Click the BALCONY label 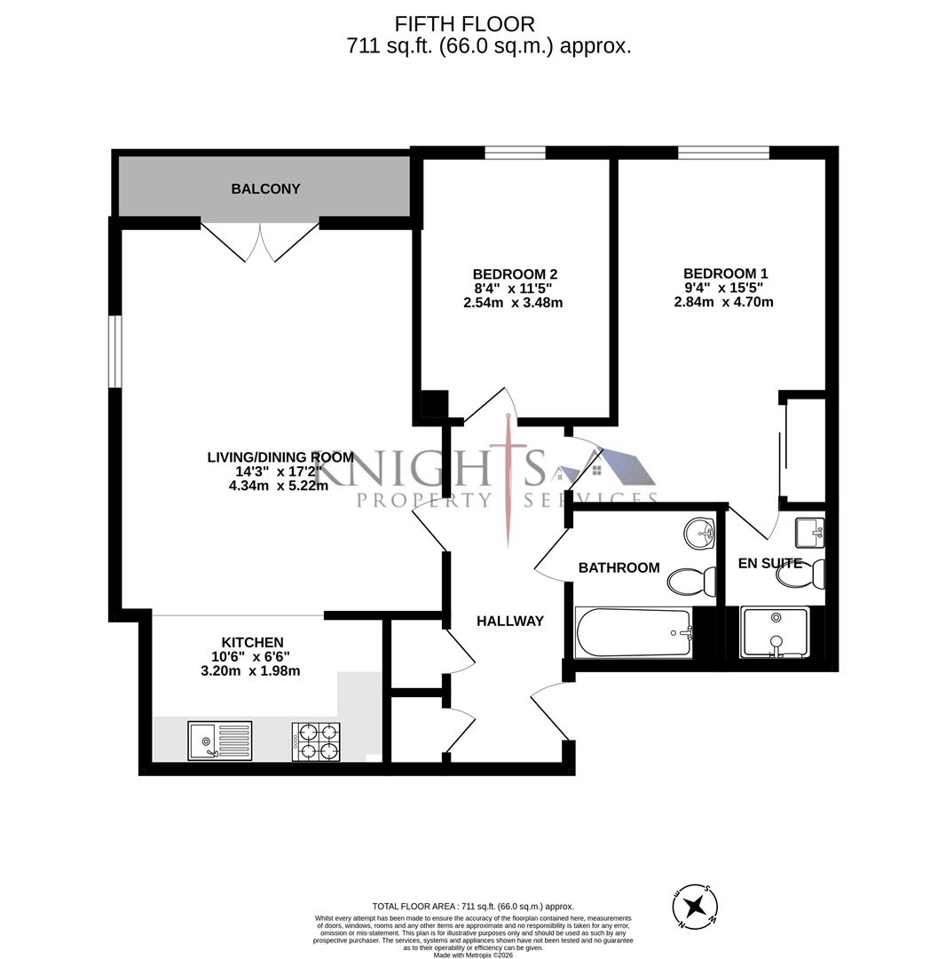tap(265, 189)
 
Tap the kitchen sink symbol tap(219, 741)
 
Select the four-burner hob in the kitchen tap(316, 742)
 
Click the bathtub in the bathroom tap(634, 633)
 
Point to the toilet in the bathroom tap(691, 583)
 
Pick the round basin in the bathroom tap(700, 535)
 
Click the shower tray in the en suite tap(775, 632)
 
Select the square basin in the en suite tap(809, 533)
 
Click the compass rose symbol tap(695, 907)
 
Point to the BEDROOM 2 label tap(515, 274)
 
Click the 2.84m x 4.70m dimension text tap(723, 302)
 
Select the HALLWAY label tap(509, 622)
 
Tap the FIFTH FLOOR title tap(464, 24)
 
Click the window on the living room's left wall tap(115, 351)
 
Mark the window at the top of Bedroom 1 tap(723, 153)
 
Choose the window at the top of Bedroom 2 tap(515, 153)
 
